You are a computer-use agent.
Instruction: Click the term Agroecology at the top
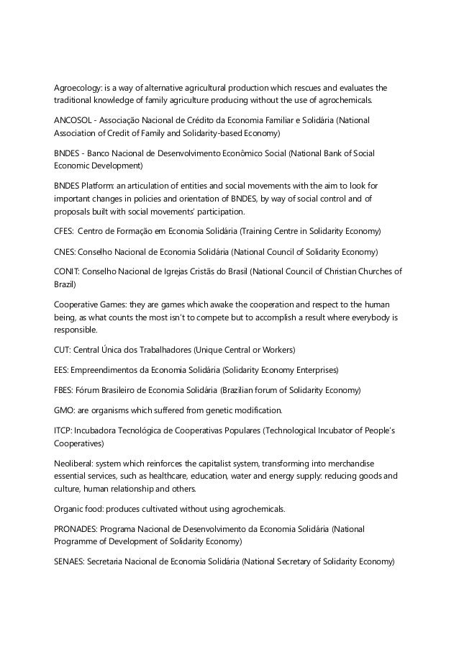pyautogui.click(x=76, y=87)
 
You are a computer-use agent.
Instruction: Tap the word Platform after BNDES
pyautogui.click(x=101, y=185)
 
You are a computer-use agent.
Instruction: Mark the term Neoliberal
pyautogui.click(x=74, y=463)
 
